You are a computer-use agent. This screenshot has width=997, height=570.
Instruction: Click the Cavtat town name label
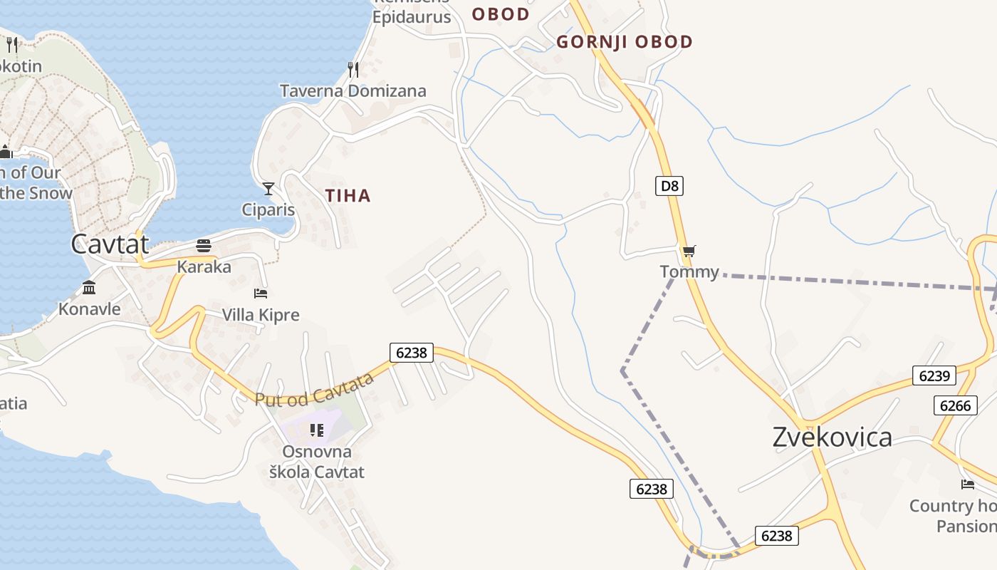coord(110,244)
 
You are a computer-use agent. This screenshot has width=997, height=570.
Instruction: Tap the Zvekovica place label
coord(832,437)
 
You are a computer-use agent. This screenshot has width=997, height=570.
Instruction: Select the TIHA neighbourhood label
coord(348,196)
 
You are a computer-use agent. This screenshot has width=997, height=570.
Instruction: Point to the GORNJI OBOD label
coord(625,42)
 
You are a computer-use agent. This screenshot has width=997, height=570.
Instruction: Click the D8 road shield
coord(669,187)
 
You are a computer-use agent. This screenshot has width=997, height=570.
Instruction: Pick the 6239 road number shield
coord(934,375)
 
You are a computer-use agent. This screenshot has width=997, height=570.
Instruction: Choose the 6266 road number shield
coord(955,405)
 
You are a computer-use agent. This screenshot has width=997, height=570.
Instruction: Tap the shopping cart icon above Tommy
coord(688,251)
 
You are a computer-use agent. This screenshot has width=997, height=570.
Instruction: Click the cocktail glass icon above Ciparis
coord(268,189)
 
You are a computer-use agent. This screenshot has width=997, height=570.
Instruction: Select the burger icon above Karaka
coord(204,247)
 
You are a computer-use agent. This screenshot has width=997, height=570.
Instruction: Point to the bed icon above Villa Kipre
coord(261,293)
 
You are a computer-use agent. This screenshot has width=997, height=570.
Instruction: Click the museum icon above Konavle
coord(89,288)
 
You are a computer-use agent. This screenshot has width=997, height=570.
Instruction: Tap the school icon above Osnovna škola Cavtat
coord(317,430)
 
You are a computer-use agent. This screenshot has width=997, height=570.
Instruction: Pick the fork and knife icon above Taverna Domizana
coord(353,69)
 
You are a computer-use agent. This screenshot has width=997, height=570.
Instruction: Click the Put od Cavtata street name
coord(314,390)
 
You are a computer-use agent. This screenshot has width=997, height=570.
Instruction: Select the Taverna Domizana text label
coord(353,91)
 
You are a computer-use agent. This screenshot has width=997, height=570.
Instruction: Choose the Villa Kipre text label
coord(261,315)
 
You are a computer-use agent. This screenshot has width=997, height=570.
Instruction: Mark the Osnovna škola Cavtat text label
coord(316,462)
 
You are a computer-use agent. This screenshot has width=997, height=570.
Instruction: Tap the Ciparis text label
coord(268,210)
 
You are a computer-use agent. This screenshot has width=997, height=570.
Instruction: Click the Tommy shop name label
coord(689,271)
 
